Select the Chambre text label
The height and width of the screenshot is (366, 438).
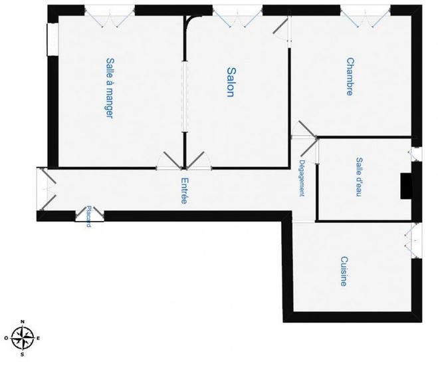click(350, 77)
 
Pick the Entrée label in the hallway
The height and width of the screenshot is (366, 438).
click(183, 191)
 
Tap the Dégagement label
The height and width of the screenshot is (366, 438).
click(302, 178)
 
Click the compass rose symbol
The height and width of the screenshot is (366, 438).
click(23, 338)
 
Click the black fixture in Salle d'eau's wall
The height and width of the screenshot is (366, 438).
click(405, 186)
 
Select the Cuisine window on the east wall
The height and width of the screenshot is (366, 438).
click(415, 240)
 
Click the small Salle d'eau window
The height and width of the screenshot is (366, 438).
click(415, 154)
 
